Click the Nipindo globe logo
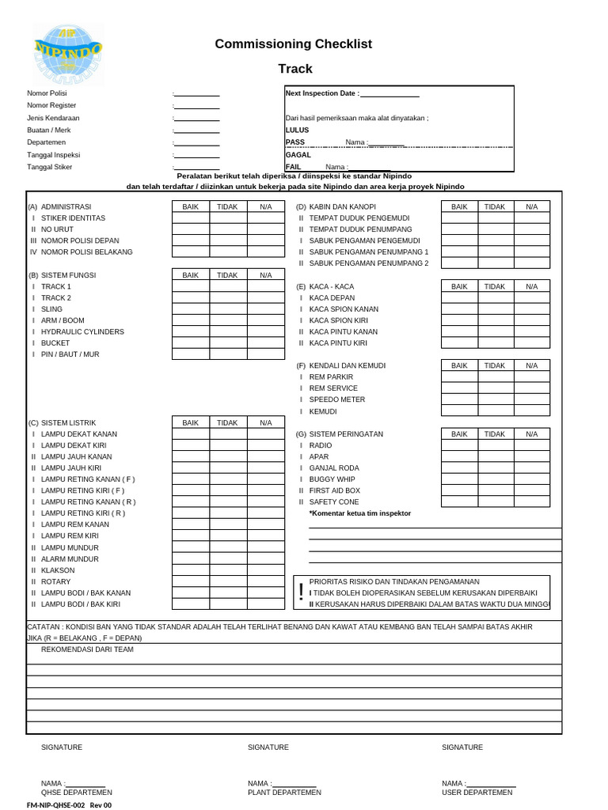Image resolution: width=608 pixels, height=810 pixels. coord(69,53)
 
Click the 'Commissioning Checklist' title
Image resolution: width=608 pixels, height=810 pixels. coord(293,44)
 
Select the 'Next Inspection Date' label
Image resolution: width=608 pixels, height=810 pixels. coord(321,93)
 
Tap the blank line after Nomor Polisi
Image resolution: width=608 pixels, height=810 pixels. coord(197,93)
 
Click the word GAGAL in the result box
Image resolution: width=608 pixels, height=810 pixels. coord(298,155)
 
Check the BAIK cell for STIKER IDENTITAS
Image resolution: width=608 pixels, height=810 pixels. coord(191,218)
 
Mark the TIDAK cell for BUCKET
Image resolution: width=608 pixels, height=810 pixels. coord(228,343)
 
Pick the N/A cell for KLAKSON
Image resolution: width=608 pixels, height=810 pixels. coord(265,570)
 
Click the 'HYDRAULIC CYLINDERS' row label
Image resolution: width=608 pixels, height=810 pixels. coord(82,332)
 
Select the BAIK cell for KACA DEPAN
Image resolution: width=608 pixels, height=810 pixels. coord(459,298)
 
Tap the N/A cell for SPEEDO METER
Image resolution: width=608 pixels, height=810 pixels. coord(531,399)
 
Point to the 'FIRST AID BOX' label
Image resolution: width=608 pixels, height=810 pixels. coord(334,490)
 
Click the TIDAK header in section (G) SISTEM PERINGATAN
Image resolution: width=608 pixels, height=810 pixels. coord(495,434)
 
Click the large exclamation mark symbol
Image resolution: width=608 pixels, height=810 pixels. coord(301,591)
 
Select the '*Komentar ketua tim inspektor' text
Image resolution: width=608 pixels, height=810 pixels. coord(359,513)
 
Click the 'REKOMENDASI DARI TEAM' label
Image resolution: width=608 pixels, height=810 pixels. coord(87,649)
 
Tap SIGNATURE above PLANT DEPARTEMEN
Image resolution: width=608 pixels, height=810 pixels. coord(268,748)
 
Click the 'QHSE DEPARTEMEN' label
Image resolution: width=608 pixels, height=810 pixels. coord(77,792)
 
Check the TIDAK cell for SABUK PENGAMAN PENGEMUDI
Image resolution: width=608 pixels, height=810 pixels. coord(495,240)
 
